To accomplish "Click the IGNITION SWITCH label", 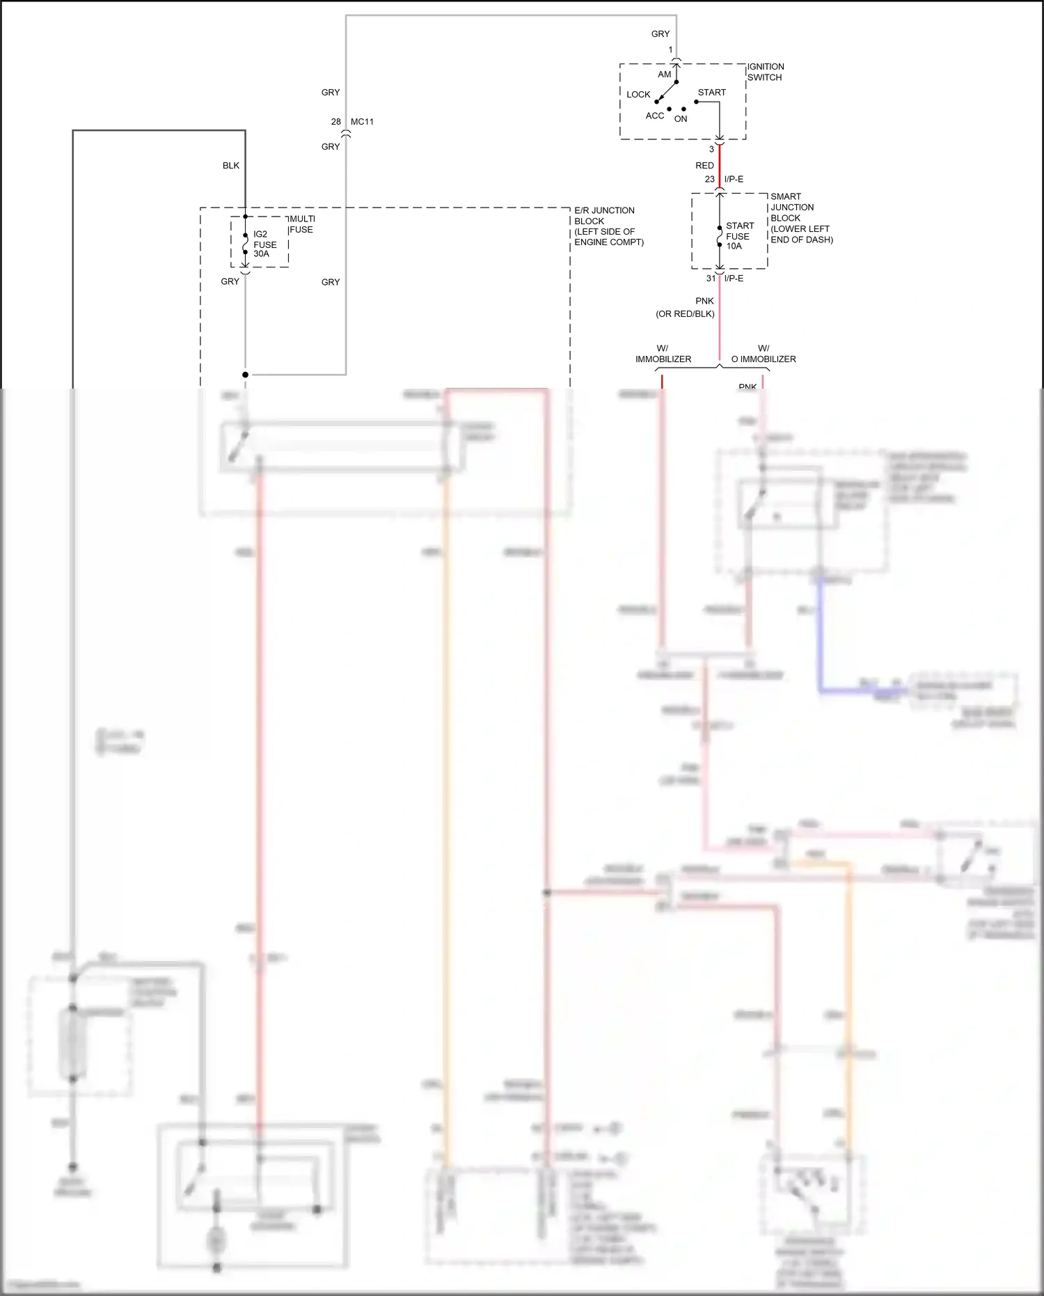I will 765,72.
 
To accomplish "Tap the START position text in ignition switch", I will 711,93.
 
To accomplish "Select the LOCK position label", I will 638,95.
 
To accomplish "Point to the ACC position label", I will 654,116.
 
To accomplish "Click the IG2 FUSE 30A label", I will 264,244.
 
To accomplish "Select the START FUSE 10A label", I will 739,236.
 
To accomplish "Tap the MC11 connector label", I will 362,122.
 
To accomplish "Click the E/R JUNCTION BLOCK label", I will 608,226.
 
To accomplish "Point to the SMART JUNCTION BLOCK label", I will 800,218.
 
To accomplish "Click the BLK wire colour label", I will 230,166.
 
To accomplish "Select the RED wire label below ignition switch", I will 704,166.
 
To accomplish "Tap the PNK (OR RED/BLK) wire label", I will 686,307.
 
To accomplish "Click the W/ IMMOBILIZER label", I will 663,354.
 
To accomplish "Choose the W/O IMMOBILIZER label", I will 764,354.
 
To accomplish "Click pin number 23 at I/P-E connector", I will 709,180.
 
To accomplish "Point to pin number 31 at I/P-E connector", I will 711,279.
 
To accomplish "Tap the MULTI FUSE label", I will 301,224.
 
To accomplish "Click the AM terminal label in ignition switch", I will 664,75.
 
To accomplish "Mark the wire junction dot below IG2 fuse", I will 245,375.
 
